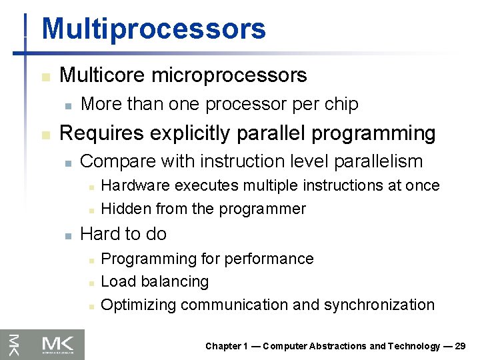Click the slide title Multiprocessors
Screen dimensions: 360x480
click(x=153, y=29)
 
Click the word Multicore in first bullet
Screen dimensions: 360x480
click(x=103, y=75)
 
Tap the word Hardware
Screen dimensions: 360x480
click(x=135, y=185)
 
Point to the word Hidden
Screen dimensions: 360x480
click(x=126, y=209)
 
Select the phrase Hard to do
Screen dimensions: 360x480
click(x=123, y=234)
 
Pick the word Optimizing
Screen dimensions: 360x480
click(x=138, y=305)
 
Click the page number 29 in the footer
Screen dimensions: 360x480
click(x=459, y=346)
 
